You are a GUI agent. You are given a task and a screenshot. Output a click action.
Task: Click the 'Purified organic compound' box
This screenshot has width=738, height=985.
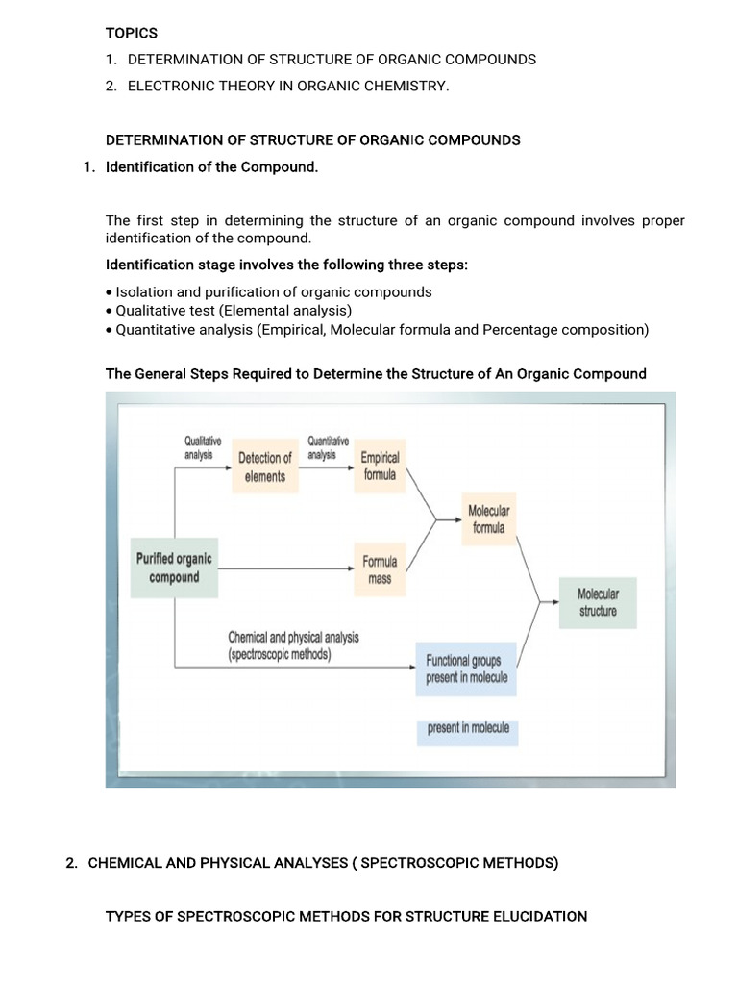[174, 568]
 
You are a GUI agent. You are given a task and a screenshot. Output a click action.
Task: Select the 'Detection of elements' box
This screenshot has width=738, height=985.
[264, 467]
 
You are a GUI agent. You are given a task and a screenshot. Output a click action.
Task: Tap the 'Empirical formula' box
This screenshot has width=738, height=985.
[380, 467]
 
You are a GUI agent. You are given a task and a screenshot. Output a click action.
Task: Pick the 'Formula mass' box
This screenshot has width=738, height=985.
[380, 569]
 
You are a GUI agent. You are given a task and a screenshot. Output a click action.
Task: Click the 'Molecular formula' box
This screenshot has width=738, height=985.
[488, 519]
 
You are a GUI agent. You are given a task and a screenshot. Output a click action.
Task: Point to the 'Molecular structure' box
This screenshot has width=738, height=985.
[598, 602]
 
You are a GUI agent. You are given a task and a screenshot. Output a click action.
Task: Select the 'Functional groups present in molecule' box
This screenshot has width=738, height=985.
[466, 669]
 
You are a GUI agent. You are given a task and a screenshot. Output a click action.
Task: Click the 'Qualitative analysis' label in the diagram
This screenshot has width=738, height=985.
[203, 448]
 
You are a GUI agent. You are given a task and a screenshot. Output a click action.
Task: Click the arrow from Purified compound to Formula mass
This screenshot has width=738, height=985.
[288, 568]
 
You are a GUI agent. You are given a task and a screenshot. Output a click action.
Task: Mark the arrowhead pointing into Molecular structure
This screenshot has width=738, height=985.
[553, 603]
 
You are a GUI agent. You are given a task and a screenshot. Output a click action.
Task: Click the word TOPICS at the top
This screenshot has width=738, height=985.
[132, 33]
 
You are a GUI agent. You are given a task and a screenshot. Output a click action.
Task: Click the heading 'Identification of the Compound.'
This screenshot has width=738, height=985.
[211, 167]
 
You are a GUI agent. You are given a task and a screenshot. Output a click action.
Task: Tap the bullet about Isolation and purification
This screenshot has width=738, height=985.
[273, 291]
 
